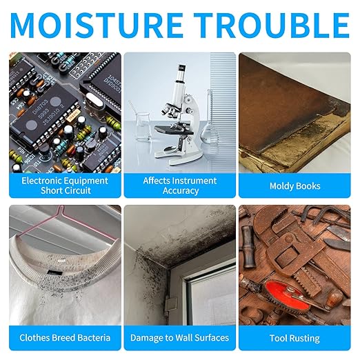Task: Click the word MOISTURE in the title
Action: point(97,26)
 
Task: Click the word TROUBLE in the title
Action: point(272,26)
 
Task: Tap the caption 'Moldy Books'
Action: point(294,186)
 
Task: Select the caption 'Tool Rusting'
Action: point(294,338)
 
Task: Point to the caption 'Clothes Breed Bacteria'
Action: point(65,338)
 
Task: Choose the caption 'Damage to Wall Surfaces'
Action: point(179,338)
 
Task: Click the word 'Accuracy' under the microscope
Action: point(181,190)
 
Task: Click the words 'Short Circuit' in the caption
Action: point(66,190)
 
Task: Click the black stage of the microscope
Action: point(174,130)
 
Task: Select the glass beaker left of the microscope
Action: point(143,126)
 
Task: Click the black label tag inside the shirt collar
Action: point(54,273)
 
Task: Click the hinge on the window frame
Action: point(170,304)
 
